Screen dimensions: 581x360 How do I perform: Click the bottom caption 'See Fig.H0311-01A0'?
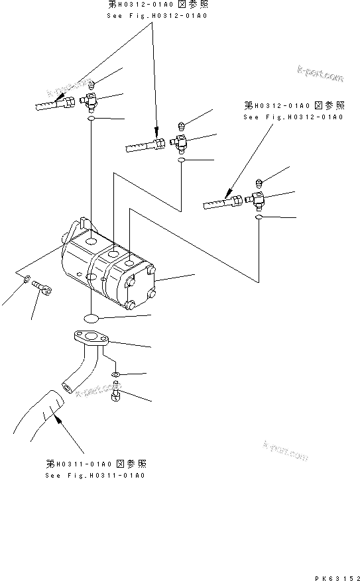[x=95, y=475]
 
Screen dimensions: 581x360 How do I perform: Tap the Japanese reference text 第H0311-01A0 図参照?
[x=96, y=463]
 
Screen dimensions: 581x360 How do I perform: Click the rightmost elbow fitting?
[x=256, y=197]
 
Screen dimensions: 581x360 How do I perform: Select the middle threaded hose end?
[x=143, y=145]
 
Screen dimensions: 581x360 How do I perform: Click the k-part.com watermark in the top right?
[x=320, y=75]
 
